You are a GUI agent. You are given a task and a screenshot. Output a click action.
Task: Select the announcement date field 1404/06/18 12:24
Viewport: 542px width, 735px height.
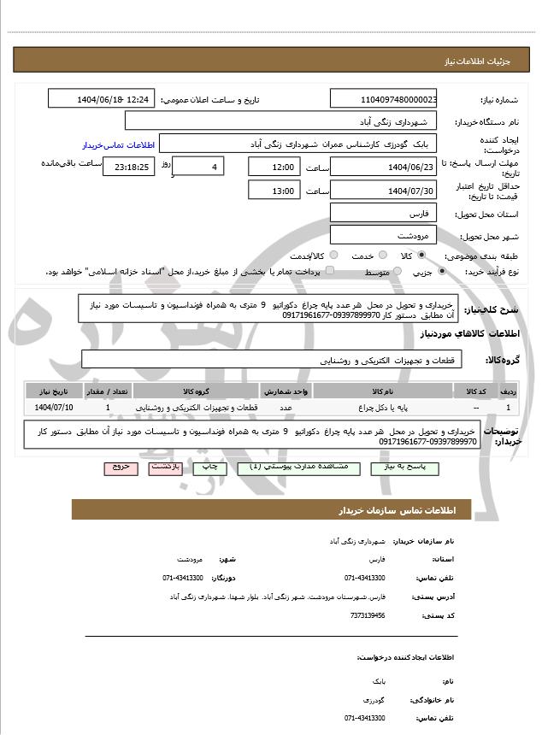tap(101, 99)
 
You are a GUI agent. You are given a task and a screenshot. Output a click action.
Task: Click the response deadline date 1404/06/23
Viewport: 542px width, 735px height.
tap(383, 167)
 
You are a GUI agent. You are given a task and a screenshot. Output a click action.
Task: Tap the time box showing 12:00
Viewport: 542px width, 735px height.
tap(274, 167)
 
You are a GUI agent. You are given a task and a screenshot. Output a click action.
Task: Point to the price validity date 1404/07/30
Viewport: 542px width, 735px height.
tap(383, 190)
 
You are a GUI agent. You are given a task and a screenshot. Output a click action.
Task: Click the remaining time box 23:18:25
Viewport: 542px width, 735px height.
tap(128, 167)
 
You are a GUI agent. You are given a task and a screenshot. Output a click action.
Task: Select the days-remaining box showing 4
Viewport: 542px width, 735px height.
tap(200, 167)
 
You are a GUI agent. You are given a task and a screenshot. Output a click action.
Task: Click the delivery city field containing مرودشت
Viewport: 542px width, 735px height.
tap(383, 234)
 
